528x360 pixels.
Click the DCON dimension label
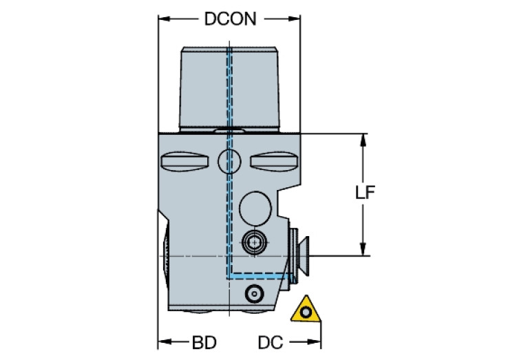coord(230,19)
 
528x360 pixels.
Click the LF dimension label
coord(365,193)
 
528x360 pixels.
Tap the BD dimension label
coord(204,342)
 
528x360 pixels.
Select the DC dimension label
coord(271,342)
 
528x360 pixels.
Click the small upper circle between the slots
coord(229,162)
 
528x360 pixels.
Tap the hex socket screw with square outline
coord(254,242)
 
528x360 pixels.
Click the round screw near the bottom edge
coord(254,294)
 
